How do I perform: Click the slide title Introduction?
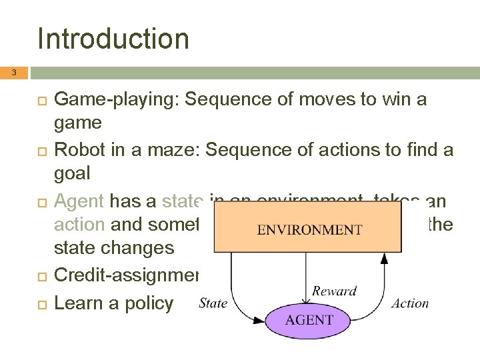pyautogui.click(x=113, y=39)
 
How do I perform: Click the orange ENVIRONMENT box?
pyautogui.click(x=309, y=227)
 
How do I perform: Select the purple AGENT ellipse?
pyautogui.click(x=308, y=319)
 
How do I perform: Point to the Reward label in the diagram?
pyautogui.click(x=334, y=291)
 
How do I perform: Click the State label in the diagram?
pyautogui.click(x=213, y=303)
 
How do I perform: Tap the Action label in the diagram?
pyautogui.click(x=410, y=303)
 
